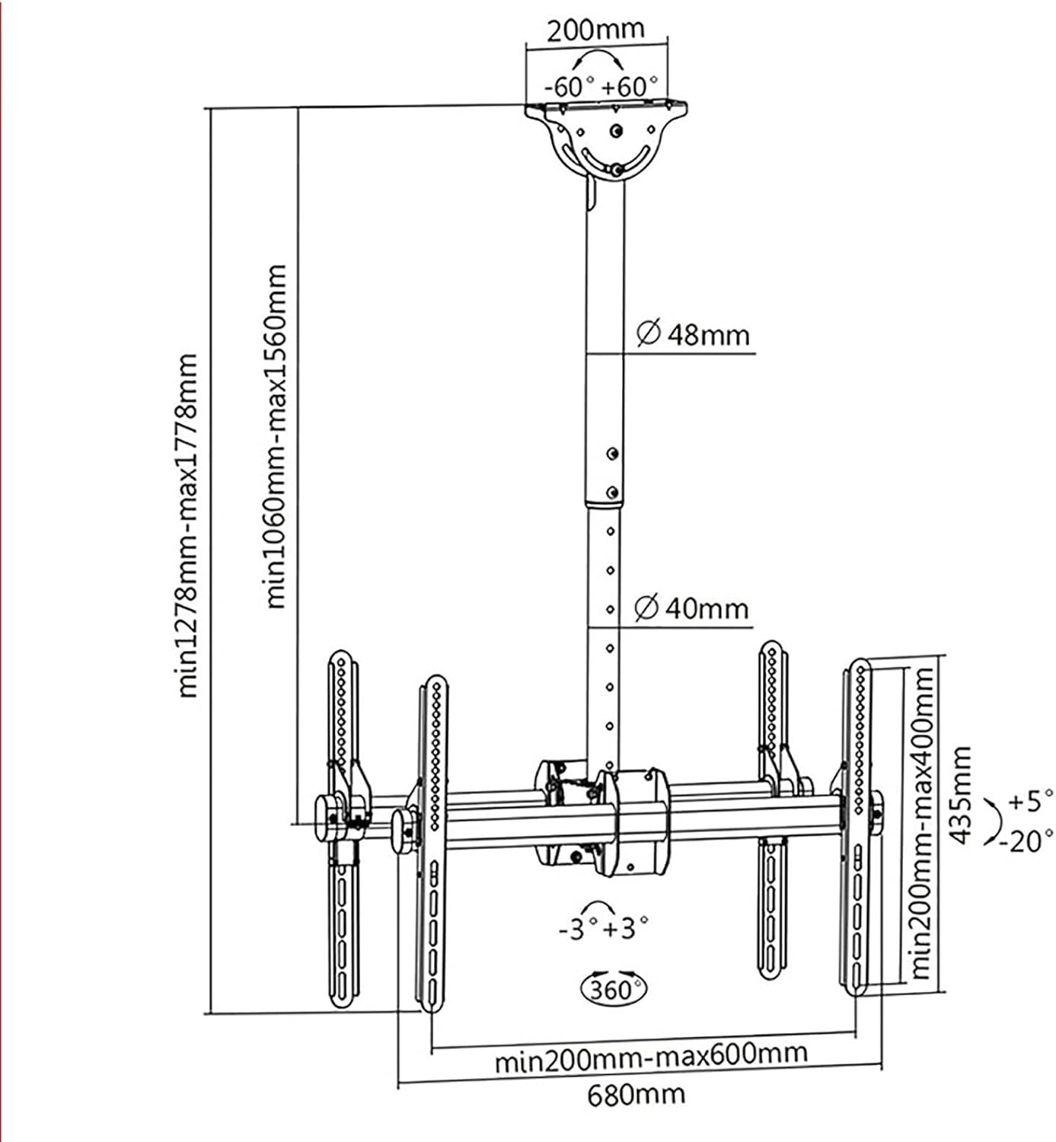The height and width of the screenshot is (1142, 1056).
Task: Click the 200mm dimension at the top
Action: point(595,30)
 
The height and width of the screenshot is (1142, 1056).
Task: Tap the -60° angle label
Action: point(568,86)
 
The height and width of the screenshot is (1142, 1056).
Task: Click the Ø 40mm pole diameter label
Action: point(691,608)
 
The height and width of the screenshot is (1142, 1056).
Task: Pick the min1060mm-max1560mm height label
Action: point(276,436)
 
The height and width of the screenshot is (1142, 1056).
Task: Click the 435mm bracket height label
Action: point(962,794)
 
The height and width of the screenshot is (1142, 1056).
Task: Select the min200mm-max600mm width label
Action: point(650,1057)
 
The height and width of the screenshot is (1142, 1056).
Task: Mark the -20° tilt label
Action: point(1026,841)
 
